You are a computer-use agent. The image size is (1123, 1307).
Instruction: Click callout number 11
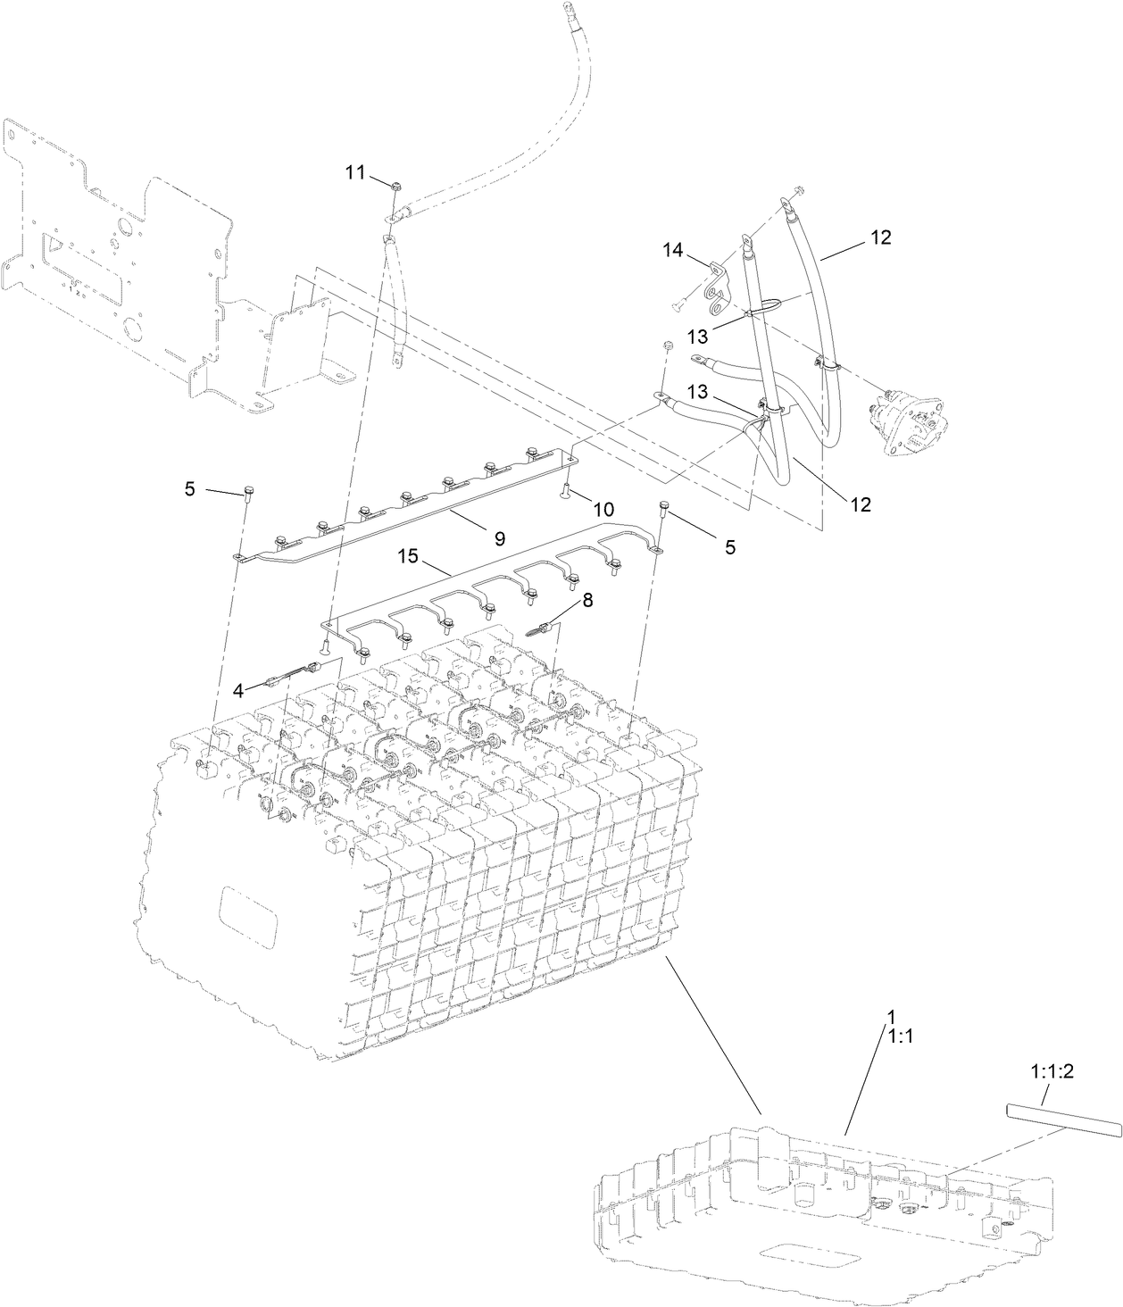pos(355,173)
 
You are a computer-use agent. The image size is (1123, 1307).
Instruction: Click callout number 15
pos(407,557)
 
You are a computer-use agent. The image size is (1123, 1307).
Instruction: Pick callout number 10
pos(603,509)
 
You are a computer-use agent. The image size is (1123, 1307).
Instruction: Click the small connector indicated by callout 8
pos(539,629)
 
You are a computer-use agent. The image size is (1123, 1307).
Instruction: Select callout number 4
pos(238,689)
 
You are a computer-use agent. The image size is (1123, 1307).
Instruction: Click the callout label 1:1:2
pos(1052,1071)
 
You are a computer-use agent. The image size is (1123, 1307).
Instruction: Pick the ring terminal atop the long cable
pos(567,11)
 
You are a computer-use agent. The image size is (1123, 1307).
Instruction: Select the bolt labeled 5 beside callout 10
pos(664,509)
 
